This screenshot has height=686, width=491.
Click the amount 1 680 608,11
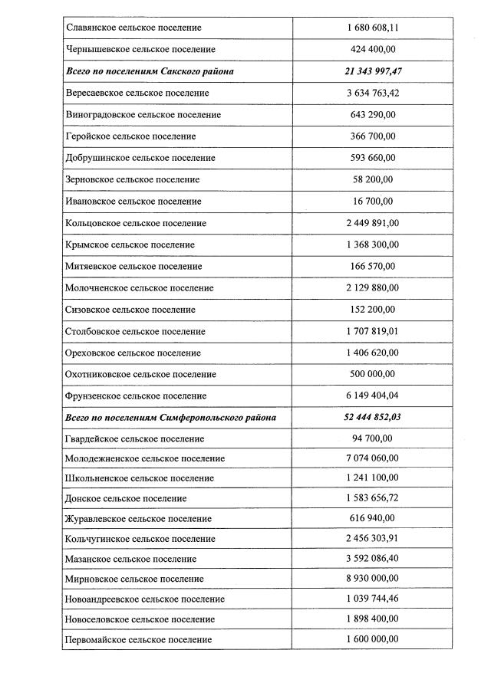(373, 28)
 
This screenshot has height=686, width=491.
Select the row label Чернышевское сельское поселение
(140, 49)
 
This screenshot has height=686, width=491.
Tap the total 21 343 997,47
(373, 71)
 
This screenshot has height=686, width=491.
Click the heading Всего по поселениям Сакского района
(150, 71)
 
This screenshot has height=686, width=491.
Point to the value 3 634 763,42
(373, 93)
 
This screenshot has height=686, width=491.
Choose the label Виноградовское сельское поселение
(143, 114)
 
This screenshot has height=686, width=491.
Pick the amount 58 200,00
(373, 179)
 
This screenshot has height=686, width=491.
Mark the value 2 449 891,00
(373, 223)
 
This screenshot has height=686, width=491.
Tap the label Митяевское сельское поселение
(133, 266)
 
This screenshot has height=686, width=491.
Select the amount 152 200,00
(373, 310)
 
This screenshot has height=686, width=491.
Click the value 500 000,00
(373, 374)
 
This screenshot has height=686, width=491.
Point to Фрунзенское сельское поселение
(136, 396)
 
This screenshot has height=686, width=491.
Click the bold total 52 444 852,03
(373, 418)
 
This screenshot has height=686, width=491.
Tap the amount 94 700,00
(373, 438)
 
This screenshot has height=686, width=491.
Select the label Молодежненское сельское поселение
(145, 458)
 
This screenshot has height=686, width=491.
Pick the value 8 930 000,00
(373, 579)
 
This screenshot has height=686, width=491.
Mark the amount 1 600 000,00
(373, 639)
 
